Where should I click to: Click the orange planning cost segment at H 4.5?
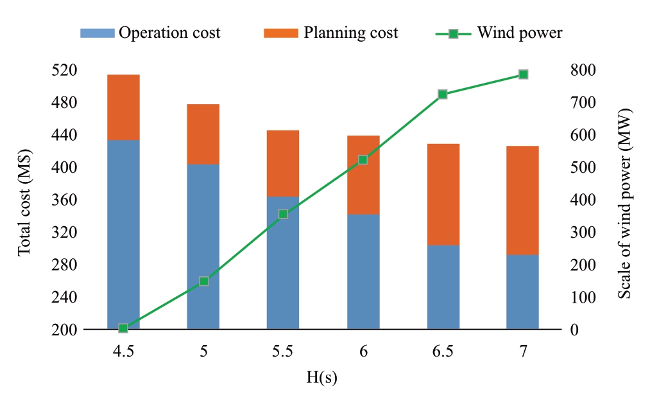pos(123,107)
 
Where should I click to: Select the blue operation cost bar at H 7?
pos(522,292)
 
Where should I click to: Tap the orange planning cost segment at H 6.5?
pos(443,194)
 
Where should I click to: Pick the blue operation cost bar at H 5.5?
pos(283,262)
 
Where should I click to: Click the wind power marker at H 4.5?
pos(123,328)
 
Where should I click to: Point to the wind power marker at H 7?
pos(523,75)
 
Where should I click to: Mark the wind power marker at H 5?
pos(203,281)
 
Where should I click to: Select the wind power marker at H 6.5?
pos(443,94)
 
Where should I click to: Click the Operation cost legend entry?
pos(150,33)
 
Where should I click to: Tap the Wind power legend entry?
pos(501,33)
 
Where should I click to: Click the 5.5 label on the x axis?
pos(283,351)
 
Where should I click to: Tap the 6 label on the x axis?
pos(363,351)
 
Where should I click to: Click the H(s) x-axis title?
pos(321,378)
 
